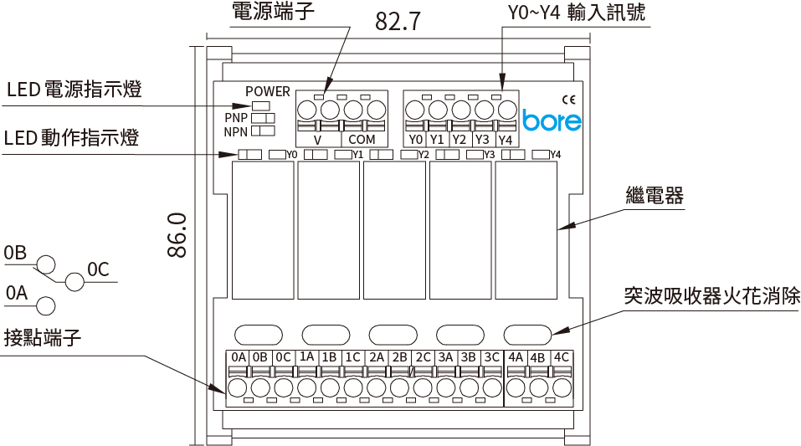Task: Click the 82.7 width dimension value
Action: point(398,21)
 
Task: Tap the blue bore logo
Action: point(552,120)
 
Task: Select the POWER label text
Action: point(268,91)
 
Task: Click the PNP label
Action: point(237,118)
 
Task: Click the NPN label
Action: point(237,131)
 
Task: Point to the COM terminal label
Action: point(362,140)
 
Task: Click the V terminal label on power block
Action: point(317,140)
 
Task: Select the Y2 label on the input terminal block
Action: point(459,140)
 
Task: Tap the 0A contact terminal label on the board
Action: point(238,357)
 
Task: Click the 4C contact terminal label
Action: point(562,357)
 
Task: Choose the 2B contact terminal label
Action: point(399,357)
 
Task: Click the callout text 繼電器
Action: point(655,197)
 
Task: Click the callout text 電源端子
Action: point(266,12)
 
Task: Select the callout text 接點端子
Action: point(42,338)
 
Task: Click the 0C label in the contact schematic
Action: point(99,269)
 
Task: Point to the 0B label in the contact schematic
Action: point(15,253)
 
